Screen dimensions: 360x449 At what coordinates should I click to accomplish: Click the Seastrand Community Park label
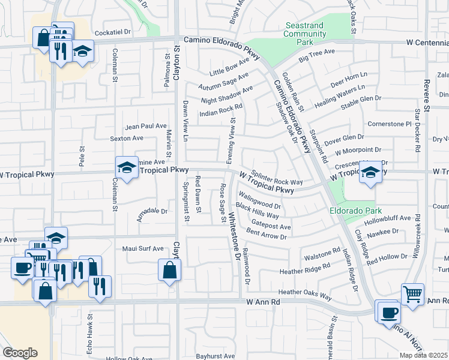304,34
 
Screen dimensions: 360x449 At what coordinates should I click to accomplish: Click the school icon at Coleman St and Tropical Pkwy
127,168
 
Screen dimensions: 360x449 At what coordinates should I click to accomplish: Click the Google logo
20,353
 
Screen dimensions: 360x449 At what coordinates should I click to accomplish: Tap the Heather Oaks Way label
305,294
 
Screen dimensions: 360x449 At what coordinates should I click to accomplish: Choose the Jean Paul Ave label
145,126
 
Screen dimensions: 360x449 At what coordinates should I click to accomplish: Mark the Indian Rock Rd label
221,110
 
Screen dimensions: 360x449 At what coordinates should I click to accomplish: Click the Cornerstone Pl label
390,124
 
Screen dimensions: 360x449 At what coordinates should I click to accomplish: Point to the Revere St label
427,96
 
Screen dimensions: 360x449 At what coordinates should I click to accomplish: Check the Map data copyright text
424,355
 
